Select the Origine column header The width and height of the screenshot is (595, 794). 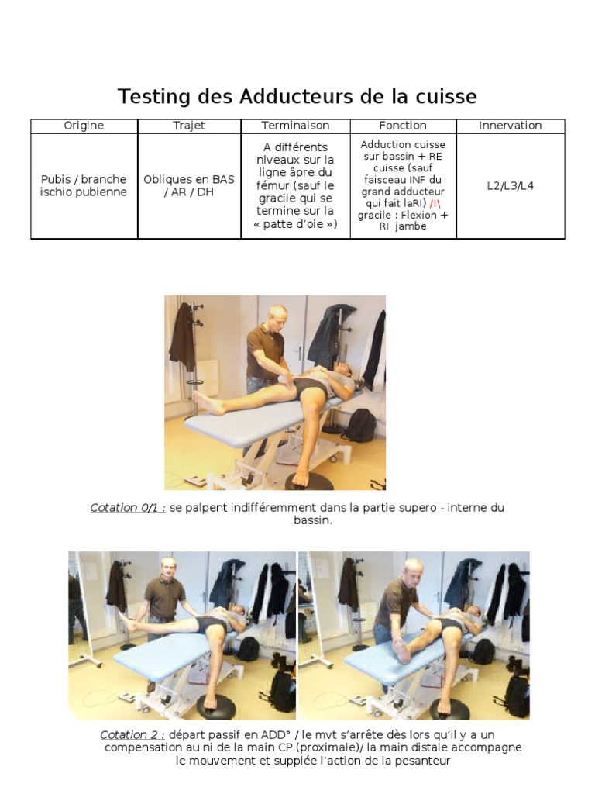point(84,126)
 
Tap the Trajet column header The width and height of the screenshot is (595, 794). point(189,126)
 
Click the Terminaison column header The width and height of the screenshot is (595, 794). point(295,126)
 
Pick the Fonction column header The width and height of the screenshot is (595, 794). point(403,126)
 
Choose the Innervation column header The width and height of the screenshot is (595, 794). point(510,126)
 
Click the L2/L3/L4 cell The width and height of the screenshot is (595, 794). point(510,186)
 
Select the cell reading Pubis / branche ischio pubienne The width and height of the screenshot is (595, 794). point(84,185)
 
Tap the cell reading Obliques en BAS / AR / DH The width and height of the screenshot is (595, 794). point(189,185)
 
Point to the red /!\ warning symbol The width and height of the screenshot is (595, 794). point(435,204)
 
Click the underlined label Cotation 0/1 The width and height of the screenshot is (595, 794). point(128,507)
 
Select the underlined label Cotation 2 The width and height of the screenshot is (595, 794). point(132,735)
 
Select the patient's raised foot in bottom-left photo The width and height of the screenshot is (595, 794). point(129,621)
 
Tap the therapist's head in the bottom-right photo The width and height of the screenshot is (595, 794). point(414,570)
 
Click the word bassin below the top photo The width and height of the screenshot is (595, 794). point(313,520)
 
